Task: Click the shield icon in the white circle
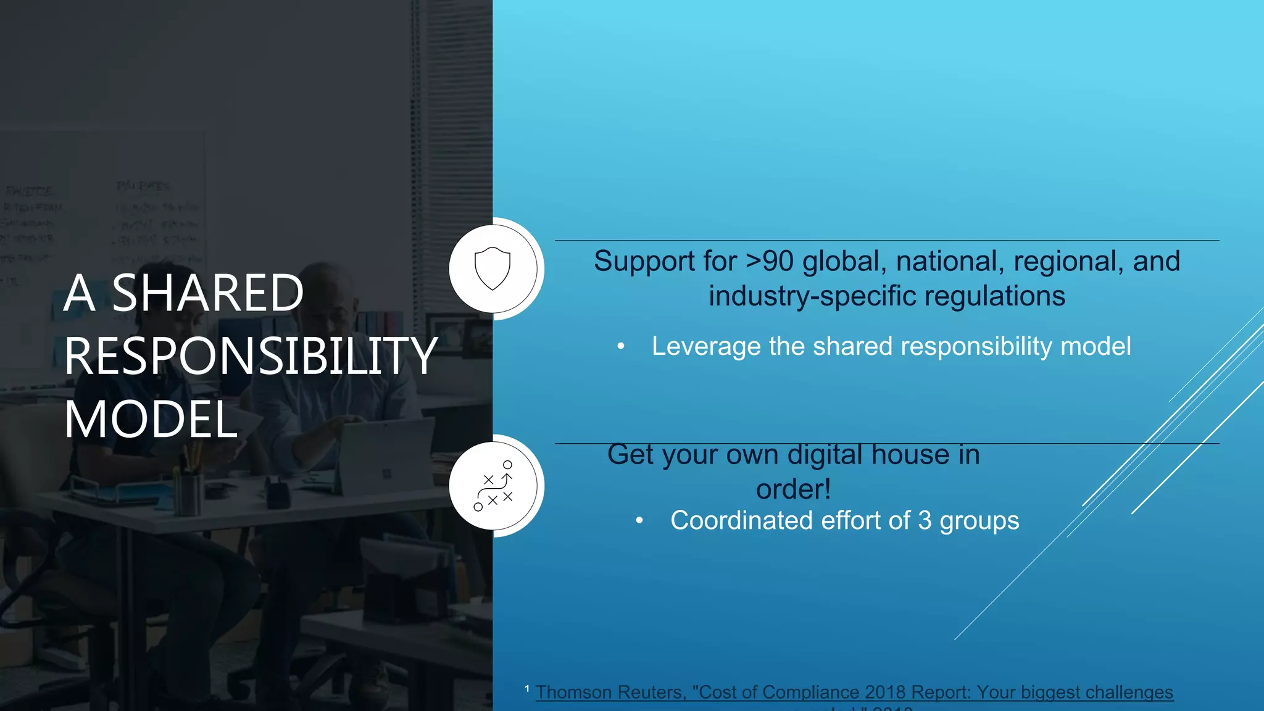(493, 268)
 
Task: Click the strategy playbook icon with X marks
(493, 486)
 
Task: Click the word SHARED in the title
(207, 293)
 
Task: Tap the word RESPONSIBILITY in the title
(251, 357)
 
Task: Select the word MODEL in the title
(151, 420)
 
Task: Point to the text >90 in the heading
(769, 261)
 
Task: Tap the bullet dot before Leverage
(621, 347)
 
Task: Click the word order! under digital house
(793, 489)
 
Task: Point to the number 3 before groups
(925, 520)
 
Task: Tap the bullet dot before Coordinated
(639, 522)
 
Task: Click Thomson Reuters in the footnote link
(610, 692)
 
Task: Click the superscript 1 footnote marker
(527, 688)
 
